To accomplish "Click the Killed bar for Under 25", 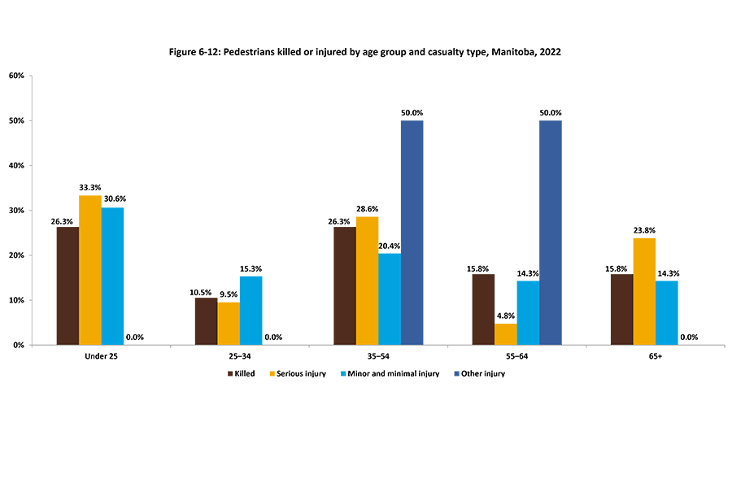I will tap(68, 285).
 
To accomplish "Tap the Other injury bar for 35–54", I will tap(412, 233).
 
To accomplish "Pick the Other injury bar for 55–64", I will tap(551, 233).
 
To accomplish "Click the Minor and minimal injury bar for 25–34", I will tap(251, 311).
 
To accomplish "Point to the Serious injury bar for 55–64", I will tap(505, 334).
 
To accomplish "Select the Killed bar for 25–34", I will tap(206, 321).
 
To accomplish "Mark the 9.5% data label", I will tap(229, 294).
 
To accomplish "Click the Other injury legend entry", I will tap(482, 374).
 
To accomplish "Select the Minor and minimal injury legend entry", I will tap(394, 374).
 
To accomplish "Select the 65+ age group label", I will tap(655, 358).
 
